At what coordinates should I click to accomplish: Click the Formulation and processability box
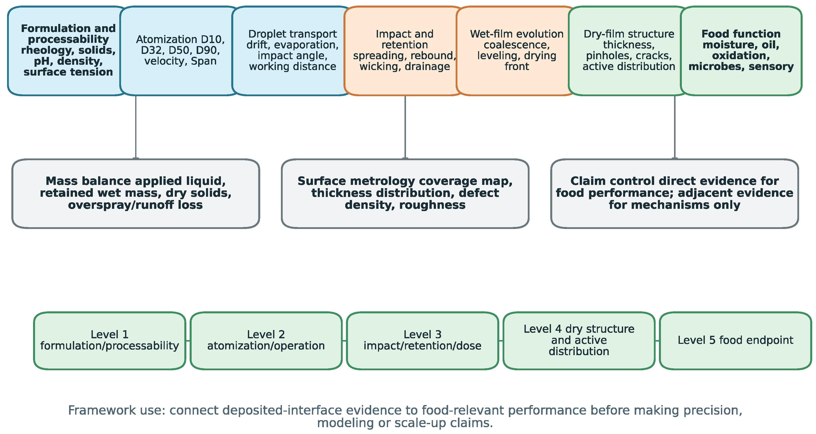[68, 51]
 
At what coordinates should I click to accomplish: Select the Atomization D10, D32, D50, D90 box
[180, 51]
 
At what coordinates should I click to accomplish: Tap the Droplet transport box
[292, 51]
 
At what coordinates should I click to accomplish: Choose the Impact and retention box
[404, 51]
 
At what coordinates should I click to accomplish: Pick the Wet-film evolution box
[517, 51]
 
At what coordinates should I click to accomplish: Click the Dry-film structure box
[629, 51]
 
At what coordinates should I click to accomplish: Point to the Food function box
[741, 51]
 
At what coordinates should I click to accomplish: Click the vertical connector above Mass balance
[136, 127]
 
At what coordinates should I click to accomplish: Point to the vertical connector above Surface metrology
[405, 127]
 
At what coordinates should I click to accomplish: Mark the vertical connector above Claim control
[675, 127]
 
